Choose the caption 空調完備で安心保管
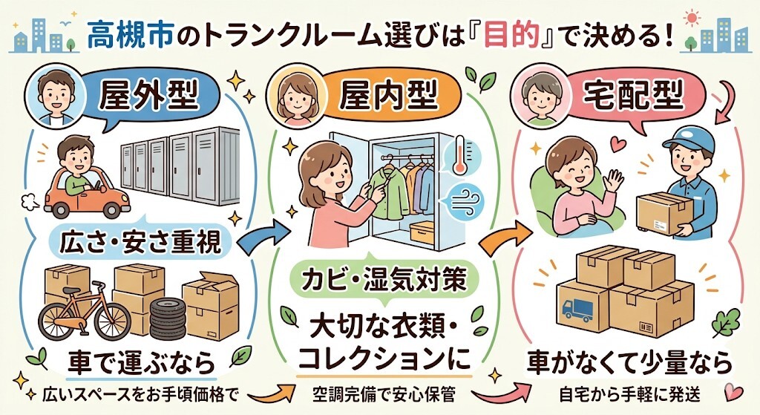coord(383,394)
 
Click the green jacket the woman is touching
coord(386,196)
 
